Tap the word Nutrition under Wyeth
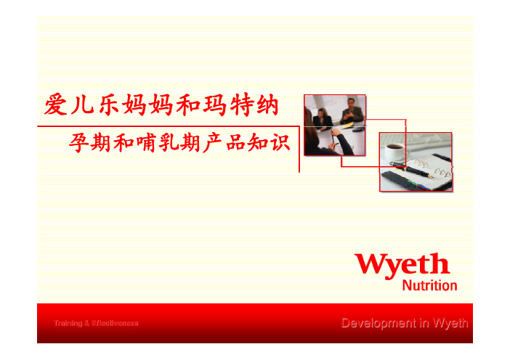tap(429, 285)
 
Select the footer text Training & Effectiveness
tap(96, 323)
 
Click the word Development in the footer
tap(379, 323)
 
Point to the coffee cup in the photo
tap(395, 152)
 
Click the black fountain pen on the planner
tap(411, 170)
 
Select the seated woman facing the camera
tap(323, 119)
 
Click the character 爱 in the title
tap(56, 105)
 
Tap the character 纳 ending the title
tap(267, 105)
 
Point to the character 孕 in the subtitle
tap(78, 143)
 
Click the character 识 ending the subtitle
tap(280, 143)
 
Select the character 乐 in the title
tap(109, 105)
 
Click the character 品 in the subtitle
tap(236, 143)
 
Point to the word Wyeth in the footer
tap(451, 323)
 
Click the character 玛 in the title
tap(214, 105)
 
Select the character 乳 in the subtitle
tap(169, 143)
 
